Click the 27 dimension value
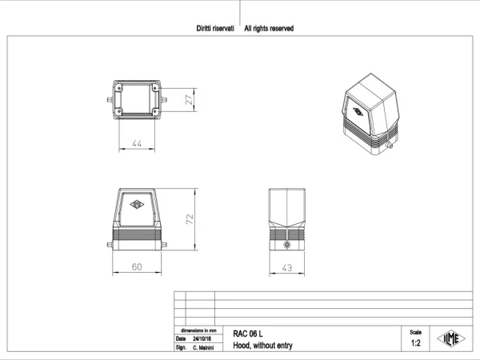[x=190, y=100]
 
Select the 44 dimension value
[x=137, y=143]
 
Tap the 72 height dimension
[x=190, y=219]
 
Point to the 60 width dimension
[x=137, y=267]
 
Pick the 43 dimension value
[x=287, y=268]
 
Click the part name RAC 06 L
[x=248, y=334]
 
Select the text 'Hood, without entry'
[x=262, y=346]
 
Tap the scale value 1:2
[x=415, y=343]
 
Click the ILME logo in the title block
[x=451, y=338]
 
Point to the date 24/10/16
[x=202, y=339]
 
